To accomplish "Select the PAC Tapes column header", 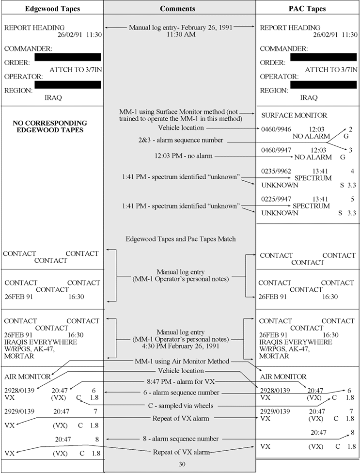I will click(309, 9).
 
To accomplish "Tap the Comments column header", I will click(178, 9).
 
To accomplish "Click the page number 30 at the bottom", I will click(180, 464).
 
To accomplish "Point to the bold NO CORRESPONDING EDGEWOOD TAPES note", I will click(50, 126).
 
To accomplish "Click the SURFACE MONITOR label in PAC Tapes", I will click(294, 115).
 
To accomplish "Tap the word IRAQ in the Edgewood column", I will click(53, 97).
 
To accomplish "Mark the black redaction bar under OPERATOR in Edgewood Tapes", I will click(68, 85).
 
